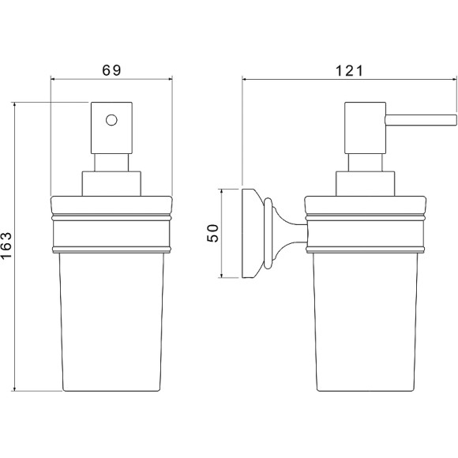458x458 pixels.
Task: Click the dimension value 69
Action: pyautogui.click(x=111, y=70)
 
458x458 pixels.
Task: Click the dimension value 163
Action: pyautogui.click(x=6, y=245)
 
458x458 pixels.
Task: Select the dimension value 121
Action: pyautogui.click(x=349, y=71)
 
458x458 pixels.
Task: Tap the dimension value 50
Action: pyautogui.click(x=212, y=233)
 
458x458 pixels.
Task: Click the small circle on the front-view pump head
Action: pyautogui.click(x=111, y=120)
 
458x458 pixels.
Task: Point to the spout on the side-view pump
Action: pyautogui.click(x=421, y=120)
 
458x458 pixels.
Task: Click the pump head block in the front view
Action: pyautogui.click(x=111, y=128)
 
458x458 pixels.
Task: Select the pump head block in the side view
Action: pyautogui.click(x=365, y=128)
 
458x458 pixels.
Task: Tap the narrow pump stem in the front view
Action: pyautogui.click(x=111, y=163)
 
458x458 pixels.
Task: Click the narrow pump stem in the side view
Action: pyautogui.click(x=365, y=163)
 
